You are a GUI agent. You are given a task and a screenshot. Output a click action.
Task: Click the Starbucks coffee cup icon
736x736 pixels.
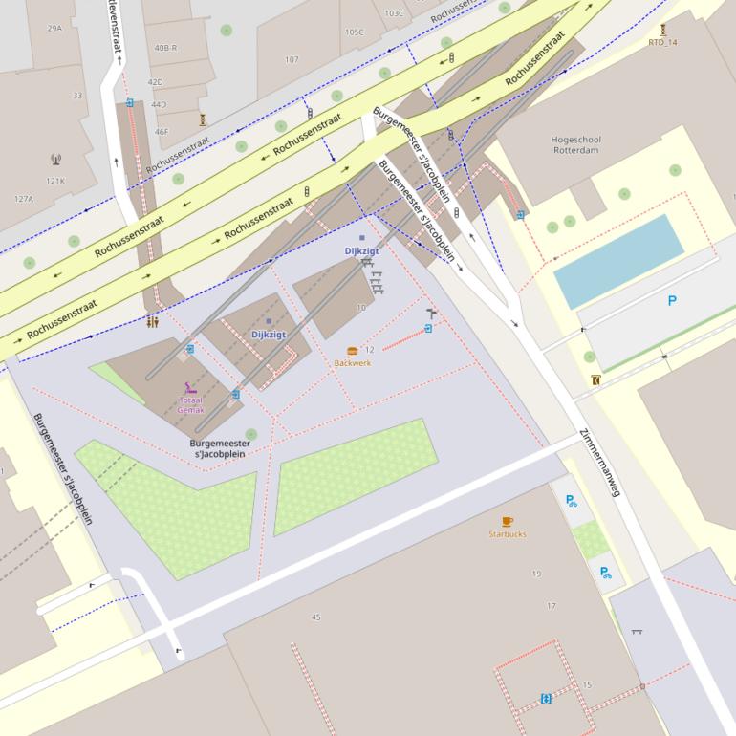507,521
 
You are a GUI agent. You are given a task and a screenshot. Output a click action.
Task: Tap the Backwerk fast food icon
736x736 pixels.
352,351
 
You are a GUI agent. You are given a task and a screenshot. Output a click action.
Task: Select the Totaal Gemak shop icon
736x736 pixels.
190,389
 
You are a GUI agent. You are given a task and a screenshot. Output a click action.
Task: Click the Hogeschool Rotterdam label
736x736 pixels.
575,144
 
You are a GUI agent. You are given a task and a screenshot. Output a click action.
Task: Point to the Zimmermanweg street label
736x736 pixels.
601,464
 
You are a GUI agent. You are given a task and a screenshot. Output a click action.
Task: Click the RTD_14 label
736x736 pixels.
662,42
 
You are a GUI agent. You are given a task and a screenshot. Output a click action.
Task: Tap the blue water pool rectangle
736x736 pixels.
619,260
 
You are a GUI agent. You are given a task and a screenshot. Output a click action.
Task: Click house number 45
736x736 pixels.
316,617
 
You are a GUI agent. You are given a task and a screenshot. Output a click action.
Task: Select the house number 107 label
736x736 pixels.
292,60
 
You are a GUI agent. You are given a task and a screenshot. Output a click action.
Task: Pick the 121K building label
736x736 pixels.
55,181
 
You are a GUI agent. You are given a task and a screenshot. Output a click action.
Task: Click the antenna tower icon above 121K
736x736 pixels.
55,160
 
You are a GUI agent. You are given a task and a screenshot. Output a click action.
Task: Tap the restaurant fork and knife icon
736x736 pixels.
153,322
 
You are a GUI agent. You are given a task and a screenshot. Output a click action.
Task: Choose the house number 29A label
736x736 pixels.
54,29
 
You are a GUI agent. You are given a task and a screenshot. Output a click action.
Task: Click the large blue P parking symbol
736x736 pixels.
672,301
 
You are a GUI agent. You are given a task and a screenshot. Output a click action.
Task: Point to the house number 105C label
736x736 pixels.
355,32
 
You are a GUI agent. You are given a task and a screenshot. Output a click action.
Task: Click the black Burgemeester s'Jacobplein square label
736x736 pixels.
220,448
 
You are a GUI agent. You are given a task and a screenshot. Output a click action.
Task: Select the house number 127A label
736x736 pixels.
23,199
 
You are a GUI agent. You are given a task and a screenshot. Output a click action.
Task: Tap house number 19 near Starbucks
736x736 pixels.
536,574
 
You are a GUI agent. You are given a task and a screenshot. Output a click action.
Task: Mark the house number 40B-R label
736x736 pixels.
165,48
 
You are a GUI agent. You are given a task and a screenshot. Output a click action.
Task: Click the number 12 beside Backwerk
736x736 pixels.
370,350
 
